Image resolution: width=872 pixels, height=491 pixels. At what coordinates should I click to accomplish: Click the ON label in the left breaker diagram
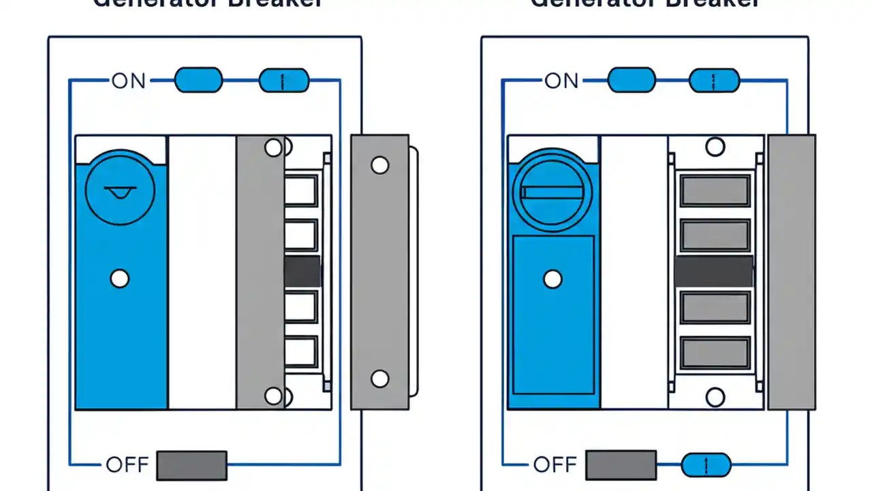pos(129,80)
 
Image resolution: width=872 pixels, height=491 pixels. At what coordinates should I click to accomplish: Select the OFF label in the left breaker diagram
pos(127,465)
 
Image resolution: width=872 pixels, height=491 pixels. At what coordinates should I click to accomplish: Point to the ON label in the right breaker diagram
pos(561,80)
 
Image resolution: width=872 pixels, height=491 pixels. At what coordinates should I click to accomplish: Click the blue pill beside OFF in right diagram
pos(706,465)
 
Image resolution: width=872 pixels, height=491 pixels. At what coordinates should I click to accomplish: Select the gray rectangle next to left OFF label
pos(191,465)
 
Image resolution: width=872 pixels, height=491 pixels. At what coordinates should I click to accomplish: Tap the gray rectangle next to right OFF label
pos(621,465)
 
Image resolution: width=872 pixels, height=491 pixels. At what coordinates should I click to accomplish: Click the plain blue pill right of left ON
pos(198,80)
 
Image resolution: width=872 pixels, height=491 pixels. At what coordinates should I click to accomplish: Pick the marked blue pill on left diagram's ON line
pos(284,81)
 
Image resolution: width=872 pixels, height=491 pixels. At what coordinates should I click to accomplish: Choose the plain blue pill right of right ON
pos(631,80)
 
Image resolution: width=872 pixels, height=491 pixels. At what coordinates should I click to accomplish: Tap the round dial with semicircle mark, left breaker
pos(121,190)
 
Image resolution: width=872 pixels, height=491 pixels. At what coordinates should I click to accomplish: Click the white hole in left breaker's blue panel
pos(120,279)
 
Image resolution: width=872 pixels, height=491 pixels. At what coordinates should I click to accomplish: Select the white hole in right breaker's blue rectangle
pos(552,279)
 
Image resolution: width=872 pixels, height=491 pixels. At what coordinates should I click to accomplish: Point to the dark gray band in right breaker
pos(713,271)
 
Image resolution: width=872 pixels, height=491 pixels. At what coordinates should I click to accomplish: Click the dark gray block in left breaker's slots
pos(302,271)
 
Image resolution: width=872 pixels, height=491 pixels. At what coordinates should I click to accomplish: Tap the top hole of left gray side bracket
pos(379,165)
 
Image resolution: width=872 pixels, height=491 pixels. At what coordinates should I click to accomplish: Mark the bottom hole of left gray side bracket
pos(379,379)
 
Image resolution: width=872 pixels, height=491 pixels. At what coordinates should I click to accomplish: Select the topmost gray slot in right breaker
pos(715,190)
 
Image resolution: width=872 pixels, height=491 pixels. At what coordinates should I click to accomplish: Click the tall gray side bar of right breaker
pos(791,272)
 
